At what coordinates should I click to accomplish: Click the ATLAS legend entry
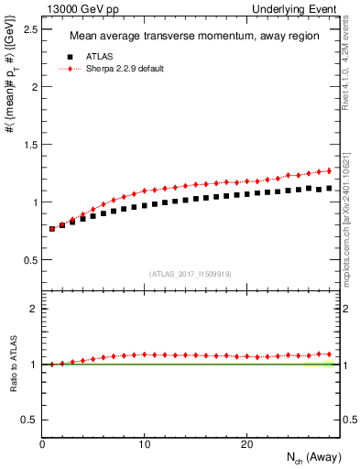tap(100, 57)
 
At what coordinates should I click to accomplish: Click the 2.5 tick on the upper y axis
tap(30, 29)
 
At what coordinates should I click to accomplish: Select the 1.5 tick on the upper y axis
tap(30, 145)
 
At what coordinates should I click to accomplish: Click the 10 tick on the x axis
tap(145, 444)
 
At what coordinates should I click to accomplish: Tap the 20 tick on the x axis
tap(246, 444)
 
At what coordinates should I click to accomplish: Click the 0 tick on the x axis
tap(43, 444)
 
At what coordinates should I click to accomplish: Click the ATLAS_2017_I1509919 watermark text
tap(190, 273)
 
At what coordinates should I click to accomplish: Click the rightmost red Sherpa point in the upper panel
tap(329, 170)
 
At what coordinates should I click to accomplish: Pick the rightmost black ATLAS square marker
tap(329, 188)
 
